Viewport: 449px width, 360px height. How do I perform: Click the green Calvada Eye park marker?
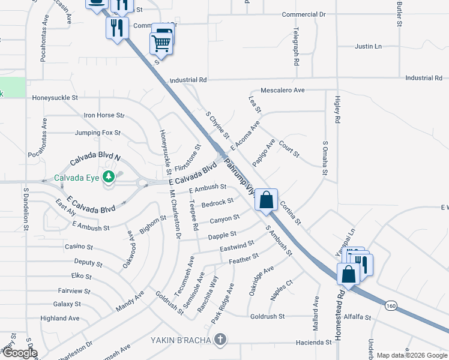(x=108, y=176)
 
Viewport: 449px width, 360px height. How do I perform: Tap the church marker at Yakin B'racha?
(x=220, y=340)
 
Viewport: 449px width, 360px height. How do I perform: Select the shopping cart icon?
(x=161, y=43)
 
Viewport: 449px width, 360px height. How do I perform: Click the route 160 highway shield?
(x=391, y=305)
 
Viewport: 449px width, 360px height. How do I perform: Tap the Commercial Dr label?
(x=303, y=14)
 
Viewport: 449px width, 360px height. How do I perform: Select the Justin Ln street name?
(x=368, y=46)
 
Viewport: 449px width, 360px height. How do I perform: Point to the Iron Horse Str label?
(x=104, y=115)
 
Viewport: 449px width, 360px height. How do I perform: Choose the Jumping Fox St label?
(x=98, y=133)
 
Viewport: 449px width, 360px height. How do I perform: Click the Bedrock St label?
(x=217, y=203)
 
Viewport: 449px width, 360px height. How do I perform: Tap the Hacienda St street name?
(x=310, y=343)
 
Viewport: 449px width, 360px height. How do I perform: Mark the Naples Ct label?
(x=281, y=290)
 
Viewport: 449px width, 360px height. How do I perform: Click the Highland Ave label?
(x=59, y=319)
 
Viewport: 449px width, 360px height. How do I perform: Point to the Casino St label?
(x=79, y=247)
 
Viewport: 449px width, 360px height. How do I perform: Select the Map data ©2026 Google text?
(x=412, y=355)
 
